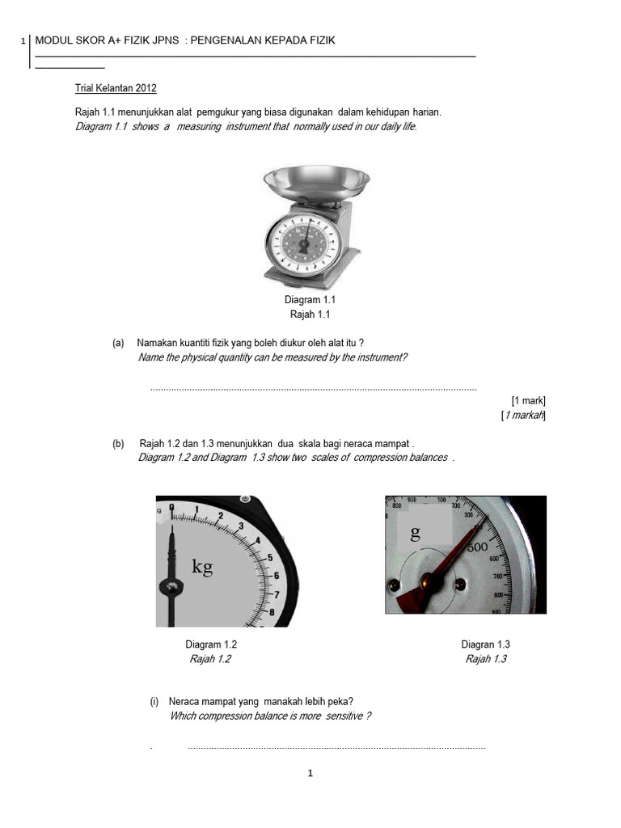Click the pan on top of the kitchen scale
click(316, 179)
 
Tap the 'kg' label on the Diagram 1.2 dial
click(202, 566)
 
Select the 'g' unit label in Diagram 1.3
click(416, 532)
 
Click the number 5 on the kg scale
click(269, 558)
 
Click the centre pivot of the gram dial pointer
click(426, 581)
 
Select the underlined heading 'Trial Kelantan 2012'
click(116, 88)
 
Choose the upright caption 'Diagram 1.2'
click(211, 644)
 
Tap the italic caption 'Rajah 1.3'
click(485, 659)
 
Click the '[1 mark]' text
click(529, 400)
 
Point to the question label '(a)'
click(118, 343)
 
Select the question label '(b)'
click(118, 444)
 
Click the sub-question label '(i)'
click(154, 701)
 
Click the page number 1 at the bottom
click(310, 774)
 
